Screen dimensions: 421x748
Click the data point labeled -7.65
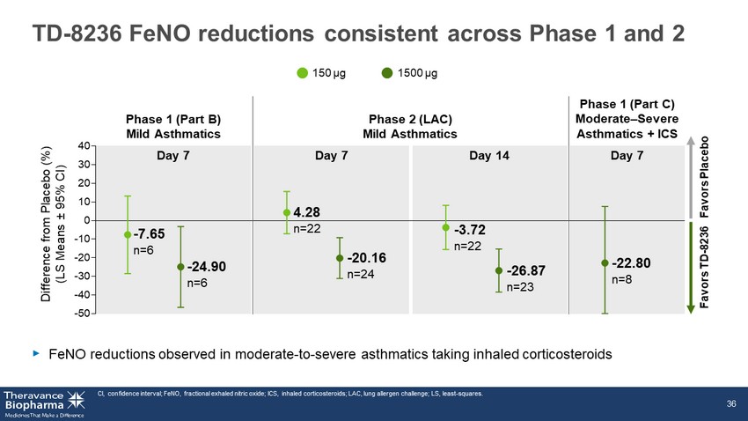coord(128,234)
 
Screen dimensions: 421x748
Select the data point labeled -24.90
coord(180,267)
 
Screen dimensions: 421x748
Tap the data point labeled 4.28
coord(287,212)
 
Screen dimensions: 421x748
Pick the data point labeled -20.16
coord(340,258)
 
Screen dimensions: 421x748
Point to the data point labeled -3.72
coord(446,227)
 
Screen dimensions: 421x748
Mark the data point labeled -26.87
coord(499,270)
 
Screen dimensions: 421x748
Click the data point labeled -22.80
coord(605,262)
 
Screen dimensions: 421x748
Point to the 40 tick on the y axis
coord(82,145)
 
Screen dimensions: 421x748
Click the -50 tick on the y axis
coord(80,313)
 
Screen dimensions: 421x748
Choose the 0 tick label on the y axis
coord(85,220)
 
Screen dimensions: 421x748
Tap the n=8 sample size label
coord(624,280)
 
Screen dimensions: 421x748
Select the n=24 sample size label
coord(360,275)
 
